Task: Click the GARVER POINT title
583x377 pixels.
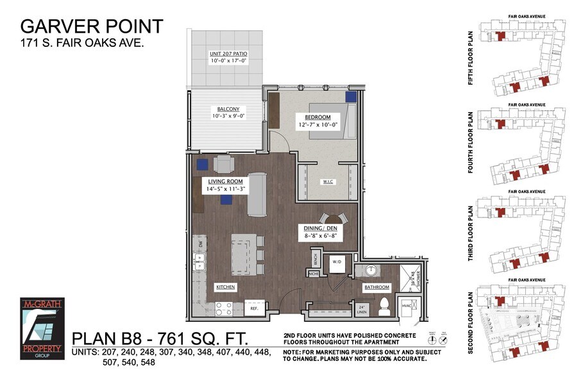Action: coord(92,26)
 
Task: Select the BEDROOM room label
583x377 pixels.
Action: coord(317,117)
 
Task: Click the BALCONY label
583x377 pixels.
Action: coord(228,108)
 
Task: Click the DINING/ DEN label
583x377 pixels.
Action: coord(321,228)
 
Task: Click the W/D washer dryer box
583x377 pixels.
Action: coord(337,262)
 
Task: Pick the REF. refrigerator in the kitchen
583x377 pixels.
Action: coord(253,308)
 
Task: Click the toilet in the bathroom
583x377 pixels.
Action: coord(384,305)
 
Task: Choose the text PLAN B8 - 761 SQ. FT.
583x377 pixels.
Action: coord(159,338)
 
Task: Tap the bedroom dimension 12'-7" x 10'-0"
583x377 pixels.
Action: coord(317,126)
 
